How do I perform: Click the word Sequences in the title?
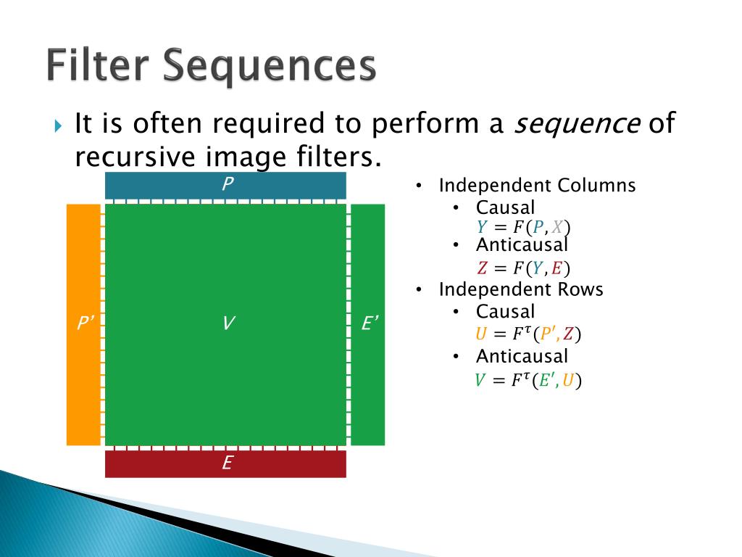click(269, 67)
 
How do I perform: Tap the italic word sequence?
click(577, 125)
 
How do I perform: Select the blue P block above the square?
click(225, 186)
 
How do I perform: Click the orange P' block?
click(83, 324)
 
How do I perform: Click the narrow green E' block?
click(368, 324)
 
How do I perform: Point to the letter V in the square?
click(228, 323)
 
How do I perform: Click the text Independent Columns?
click(537, 186)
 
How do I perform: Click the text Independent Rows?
click(521, 289)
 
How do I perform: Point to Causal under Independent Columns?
click(505, 208)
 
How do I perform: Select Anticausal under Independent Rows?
click(522, 356)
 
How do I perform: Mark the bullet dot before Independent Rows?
click(420, 290)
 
